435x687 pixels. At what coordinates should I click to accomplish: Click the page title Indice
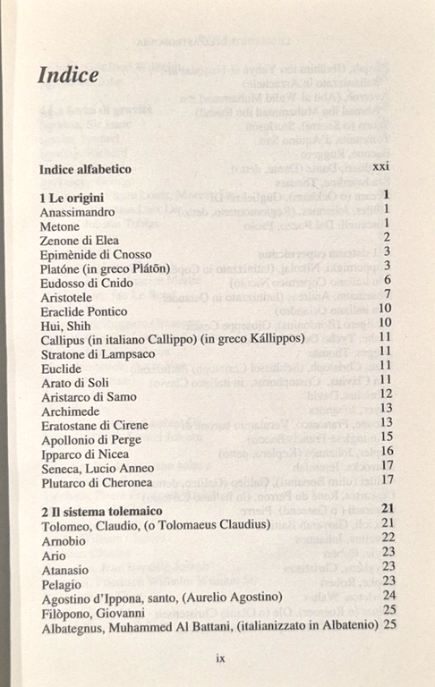[68, 75]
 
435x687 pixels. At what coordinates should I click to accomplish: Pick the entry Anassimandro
[78, 212]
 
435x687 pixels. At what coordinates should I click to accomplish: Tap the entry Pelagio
[62, 581]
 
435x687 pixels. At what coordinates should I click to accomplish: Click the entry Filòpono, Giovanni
[92, 610]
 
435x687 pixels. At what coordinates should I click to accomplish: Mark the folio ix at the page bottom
[220, 657]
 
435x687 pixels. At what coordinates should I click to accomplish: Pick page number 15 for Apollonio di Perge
[388, 437]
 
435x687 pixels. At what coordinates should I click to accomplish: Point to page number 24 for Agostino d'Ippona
[388, 595]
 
